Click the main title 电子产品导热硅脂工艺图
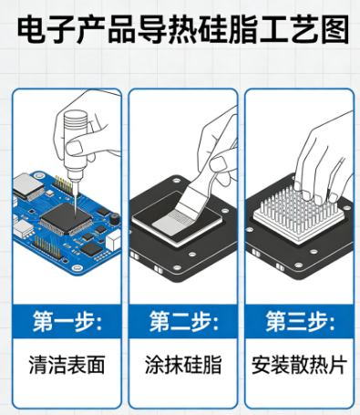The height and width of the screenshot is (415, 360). click(x=183, y=29)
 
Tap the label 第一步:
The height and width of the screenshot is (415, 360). click(x=67, y=321)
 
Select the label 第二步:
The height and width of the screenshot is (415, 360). click(x=183, y=321)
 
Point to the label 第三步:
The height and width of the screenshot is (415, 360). click(x=300, y=321)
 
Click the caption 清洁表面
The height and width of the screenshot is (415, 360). click(x=67, y=365)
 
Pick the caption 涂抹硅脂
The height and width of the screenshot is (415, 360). click(x=183, y=365)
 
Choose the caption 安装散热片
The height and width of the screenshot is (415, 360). click(x=300, y=365)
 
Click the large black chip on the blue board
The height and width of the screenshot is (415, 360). click(x=67, y=218)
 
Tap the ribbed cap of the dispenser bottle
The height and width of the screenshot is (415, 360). click(x=76, y=119)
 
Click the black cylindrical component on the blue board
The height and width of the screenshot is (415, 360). click(x=115, y=218)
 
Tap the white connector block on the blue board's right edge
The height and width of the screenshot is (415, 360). click(x=113, y=240)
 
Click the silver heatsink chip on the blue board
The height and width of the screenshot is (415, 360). click(x=29, y=186)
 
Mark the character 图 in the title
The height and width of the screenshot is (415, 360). click(x=335, y=29)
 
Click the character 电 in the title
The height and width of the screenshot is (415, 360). click(x=30, y=29)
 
